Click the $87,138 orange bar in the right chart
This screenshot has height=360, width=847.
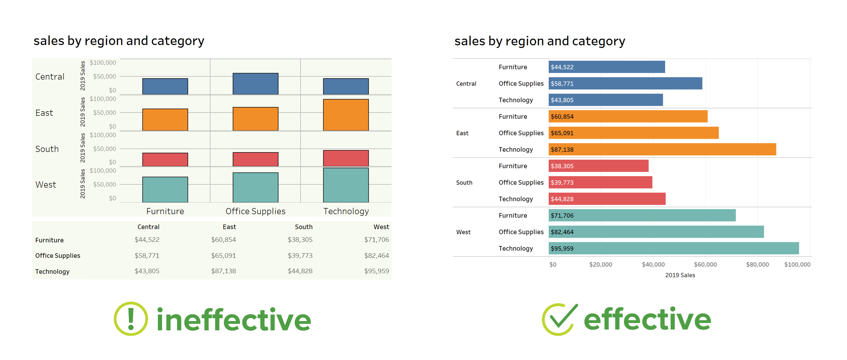pos(662,149)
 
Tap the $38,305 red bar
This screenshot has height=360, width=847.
pos(599,166)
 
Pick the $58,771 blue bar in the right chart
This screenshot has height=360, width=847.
pos(625,83)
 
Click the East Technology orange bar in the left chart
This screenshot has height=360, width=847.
pos(346,115)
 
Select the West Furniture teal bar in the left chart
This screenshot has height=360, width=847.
pos(165,189)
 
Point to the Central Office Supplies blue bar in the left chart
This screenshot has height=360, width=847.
pos(255,84)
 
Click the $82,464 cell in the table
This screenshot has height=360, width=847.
pos(376,256)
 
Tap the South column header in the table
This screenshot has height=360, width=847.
pos(303,227)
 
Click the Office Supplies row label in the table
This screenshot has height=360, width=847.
pos(58,256)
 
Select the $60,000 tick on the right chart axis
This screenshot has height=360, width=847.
pos(705,264)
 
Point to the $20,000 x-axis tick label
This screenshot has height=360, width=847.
pos(601,264)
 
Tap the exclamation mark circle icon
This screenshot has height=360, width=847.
pos(131,318)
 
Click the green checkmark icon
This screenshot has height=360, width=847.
pos(559,319)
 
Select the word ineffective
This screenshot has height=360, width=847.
pos(233,320)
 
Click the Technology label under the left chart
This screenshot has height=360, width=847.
pos(346,211)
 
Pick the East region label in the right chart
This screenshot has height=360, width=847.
pos(462,133)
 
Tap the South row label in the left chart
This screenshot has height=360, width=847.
pos(47,149)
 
